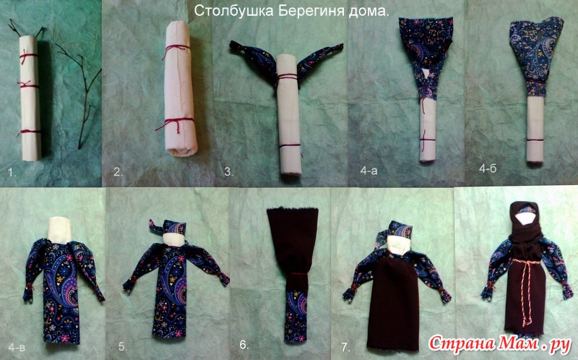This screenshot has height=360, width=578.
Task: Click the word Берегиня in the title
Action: [x=311, y=11]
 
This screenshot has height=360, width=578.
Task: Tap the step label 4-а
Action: [x=369, y=170]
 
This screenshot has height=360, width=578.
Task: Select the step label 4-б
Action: [x=488, y=168]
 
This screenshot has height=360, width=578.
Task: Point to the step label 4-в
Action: [x=17, y=347]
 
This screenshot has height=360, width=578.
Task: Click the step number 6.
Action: [x=244, y=345]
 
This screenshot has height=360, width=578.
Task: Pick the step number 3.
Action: [x=228, y=172]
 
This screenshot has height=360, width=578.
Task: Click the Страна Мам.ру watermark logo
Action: [x=499, y=343]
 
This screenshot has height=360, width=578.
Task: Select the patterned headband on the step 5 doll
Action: [x=168, y=227]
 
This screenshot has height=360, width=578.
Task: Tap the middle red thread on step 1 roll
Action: [x=28, y=85]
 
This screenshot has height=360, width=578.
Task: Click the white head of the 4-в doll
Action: [x=60, y=230]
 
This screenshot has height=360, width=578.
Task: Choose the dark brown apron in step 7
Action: [x=394, y=302]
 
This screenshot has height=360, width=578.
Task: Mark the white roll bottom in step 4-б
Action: [x=535, y=129]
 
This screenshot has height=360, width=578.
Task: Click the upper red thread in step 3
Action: [x=287, y=77]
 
